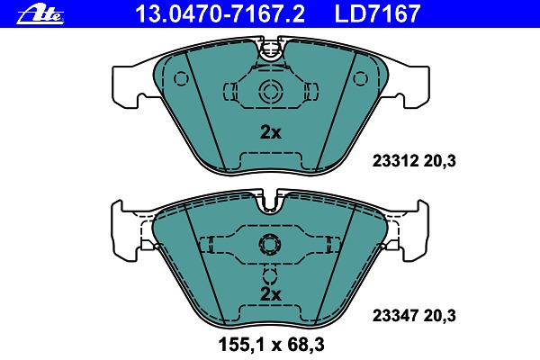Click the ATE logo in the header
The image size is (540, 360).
point(40,15)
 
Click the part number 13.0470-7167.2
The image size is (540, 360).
point(220,13)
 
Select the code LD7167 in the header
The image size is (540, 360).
point(377,13)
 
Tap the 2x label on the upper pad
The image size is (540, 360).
point(270,132)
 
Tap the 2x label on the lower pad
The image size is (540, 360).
point(270,294)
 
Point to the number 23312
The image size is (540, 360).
point(395,161)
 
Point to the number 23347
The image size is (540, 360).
point(395,316)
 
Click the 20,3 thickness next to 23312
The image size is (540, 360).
point(439,161)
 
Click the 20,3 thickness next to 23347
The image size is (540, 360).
point(439,316)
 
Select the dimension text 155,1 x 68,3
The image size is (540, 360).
point(272,345)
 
